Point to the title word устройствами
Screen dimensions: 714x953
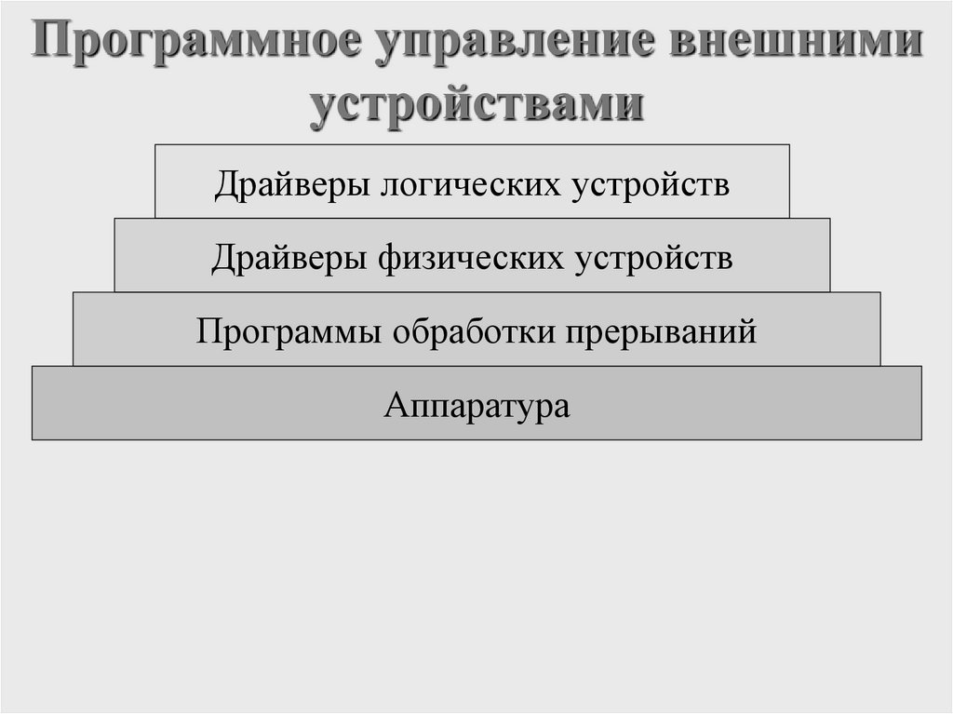click(476, 104)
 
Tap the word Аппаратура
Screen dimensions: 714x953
click(476, 406)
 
